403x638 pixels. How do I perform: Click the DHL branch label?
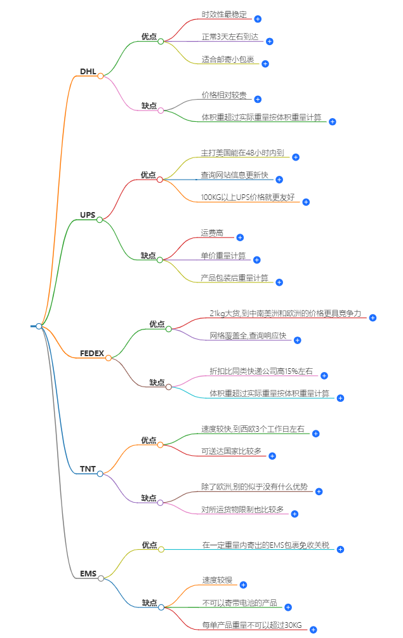tap(88, 71)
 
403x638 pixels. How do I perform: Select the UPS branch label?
tap(87, 215)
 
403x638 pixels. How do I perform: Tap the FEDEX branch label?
tap(91, 353)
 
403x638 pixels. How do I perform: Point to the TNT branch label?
tap(88, 469)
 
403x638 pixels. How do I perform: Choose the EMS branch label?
tap(88, 574)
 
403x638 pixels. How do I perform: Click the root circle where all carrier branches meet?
tap(39, 326)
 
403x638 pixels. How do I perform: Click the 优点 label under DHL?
tap(149, 37)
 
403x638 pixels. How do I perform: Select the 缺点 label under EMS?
tap(149, 602)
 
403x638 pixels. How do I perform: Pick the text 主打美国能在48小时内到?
tap(242, 153)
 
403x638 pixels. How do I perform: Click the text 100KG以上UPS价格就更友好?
tap(248, 198)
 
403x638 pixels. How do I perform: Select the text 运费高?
tap(212, 234)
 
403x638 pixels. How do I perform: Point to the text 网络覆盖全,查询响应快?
tap(248, 335)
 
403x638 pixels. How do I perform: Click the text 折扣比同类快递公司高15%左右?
tap(261, 371)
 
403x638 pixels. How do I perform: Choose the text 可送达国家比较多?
tap(231, 451)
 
